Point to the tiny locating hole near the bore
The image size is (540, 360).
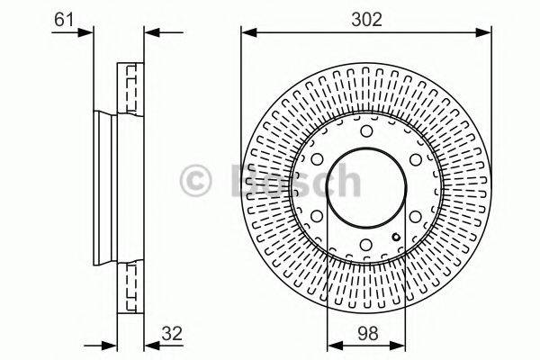pyautogui.click(x=397, y=238)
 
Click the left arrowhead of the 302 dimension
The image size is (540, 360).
pyautogui.click(x=246, y=33)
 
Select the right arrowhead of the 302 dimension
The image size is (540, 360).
pyautogui.click(x=487, y=33)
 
